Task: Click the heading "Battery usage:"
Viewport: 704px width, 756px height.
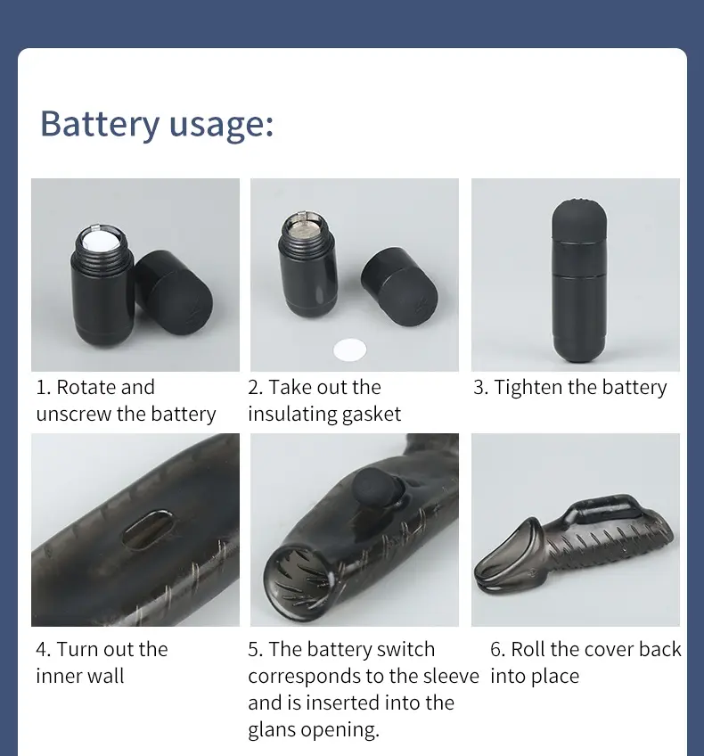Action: [157, 123]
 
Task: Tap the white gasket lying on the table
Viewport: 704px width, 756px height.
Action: [350, 349]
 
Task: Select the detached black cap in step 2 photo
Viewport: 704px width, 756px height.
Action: [399, 287]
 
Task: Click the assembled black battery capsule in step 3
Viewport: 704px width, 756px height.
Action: [579, 280]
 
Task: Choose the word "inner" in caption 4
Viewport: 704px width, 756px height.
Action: [56, 676]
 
